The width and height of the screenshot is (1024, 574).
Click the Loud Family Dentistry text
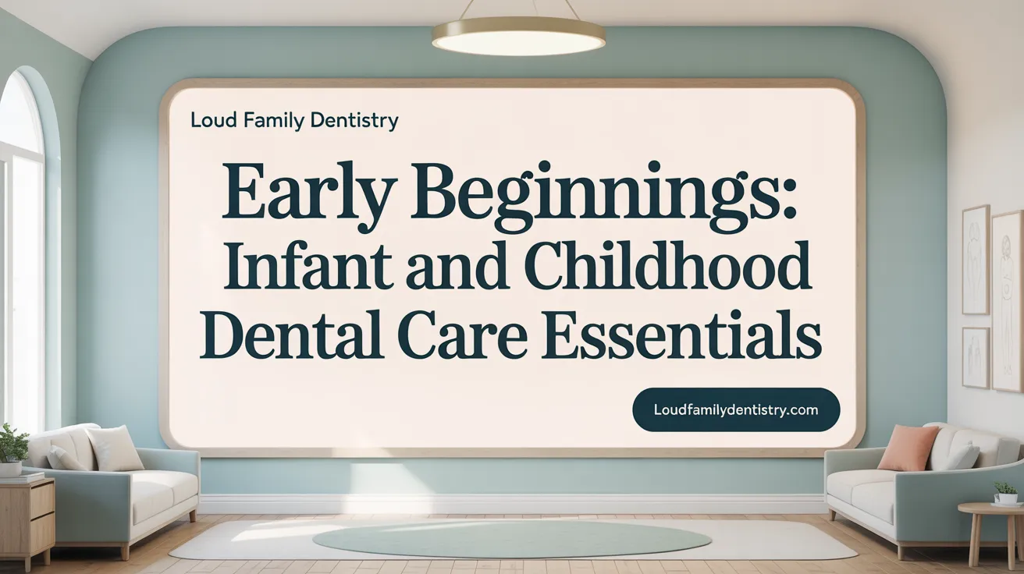pos(294,121)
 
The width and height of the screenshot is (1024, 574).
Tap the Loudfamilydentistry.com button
pos(735,409)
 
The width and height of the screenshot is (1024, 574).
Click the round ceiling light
pos(518,36)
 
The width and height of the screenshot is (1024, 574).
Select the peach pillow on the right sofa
pos(908,448)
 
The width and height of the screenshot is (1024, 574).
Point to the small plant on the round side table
pos(1005,493)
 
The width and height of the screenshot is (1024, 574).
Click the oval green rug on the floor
pos(511,538)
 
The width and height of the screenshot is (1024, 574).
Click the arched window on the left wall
pos(20,250)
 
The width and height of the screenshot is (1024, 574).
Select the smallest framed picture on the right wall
pos(975,356)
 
